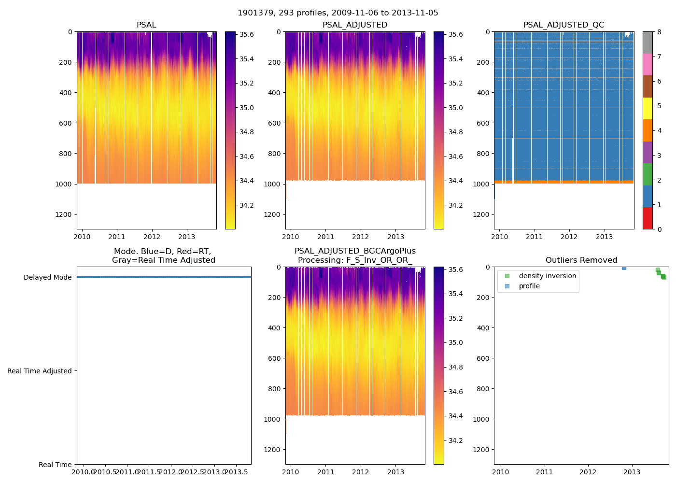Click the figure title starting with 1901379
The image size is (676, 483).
[338, 13]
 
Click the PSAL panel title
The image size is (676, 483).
[146, 25]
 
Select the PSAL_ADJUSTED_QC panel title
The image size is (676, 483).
[563, 25]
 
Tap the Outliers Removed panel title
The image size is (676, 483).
[581, 260]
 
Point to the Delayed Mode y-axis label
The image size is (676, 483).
[47, 277]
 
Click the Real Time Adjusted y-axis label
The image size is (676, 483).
[40, 371]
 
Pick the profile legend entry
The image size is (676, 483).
[529, 286]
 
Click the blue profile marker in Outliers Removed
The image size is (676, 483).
[624, 267]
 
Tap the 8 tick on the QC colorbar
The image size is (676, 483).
[659, 32]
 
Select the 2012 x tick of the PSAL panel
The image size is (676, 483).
[152, 237]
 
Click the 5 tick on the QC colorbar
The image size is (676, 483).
[659, 106]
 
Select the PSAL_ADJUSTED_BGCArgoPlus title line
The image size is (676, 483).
[355, 251]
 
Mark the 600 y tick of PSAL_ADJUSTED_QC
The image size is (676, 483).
[483, 123]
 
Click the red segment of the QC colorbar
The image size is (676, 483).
[648, 218]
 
